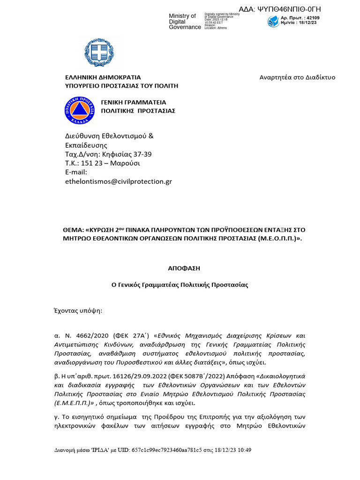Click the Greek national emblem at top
[99, 52]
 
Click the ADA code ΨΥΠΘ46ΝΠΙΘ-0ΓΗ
[286, 9]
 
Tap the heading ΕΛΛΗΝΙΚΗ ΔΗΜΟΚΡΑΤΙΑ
[103, 77]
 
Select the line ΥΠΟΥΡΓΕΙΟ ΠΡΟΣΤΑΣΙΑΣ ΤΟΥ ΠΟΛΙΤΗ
[121, 86]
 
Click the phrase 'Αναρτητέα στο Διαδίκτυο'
[297, 77]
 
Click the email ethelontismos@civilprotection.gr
[118, 181]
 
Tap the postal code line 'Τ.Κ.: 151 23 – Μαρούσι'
[102, 163]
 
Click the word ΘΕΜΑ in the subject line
[74, 230]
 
